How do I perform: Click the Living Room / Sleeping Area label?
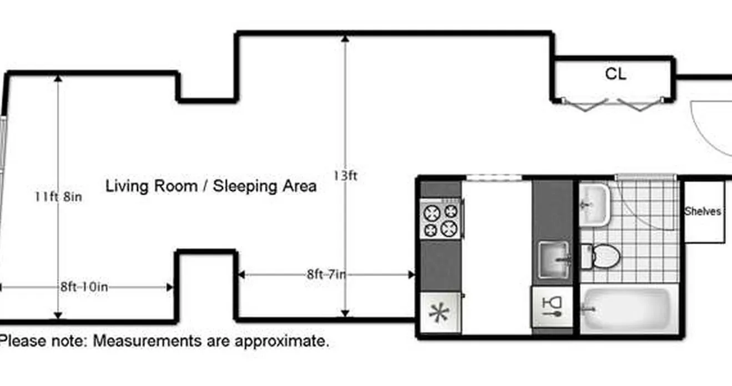(211, 186)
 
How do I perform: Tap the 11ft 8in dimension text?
(58, 196)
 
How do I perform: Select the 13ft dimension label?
(345, 176)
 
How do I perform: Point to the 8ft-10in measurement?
(84, 287)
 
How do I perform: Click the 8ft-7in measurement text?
(326, 274)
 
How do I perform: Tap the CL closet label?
(615, 74)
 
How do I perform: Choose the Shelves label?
(703, 211)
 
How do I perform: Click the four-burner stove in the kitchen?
(441, 220)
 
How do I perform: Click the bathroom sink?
(594, 205)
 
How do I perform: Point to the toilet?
(603, 256)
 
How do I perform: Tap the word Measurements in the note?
(148, 341)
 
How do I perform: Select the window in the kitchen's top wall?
(493, 177)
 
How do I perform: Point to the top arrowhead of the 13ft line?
(345, 39)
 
